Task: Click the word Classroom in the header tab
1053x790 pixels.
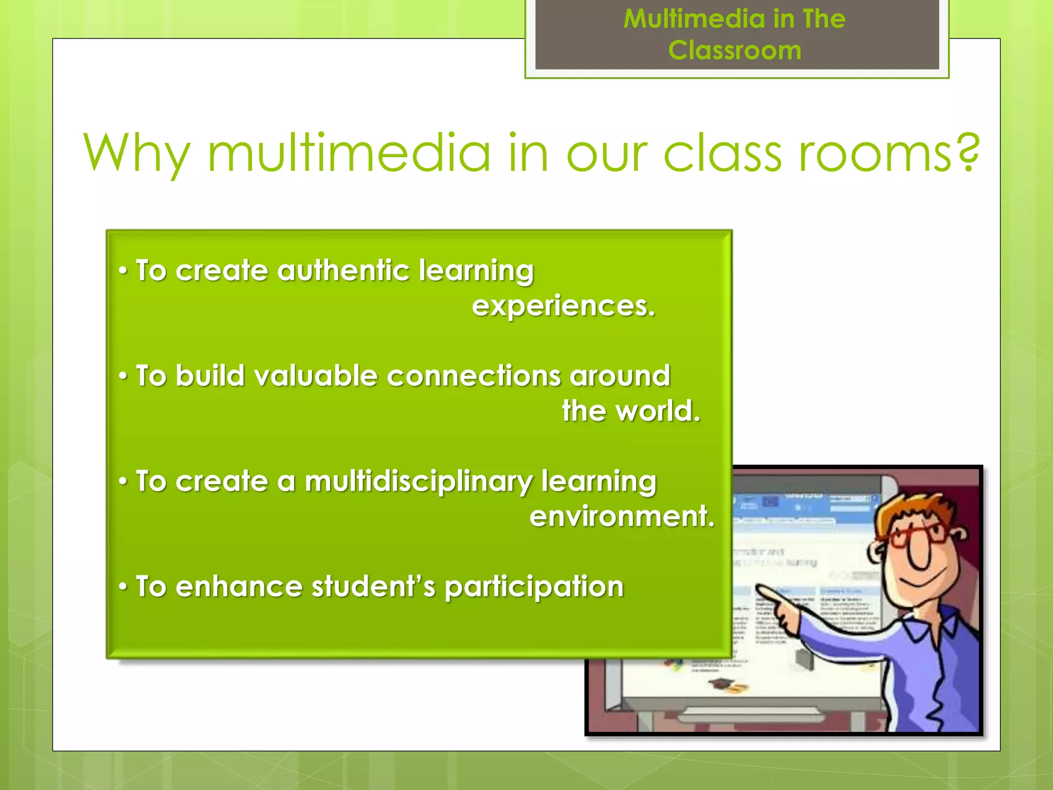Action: click(734, 50)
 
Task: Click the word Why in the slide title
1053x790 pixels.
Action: click(136, 153)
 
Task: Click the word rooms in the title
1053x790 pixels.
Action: click(874, 154)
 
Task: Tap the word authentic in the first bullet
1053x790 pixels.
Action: click(343, 271)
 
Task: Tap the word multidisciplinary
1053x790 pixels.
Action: click(419, 482)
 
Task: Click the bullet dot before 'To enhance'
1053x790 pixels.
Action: click(122, 586)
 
